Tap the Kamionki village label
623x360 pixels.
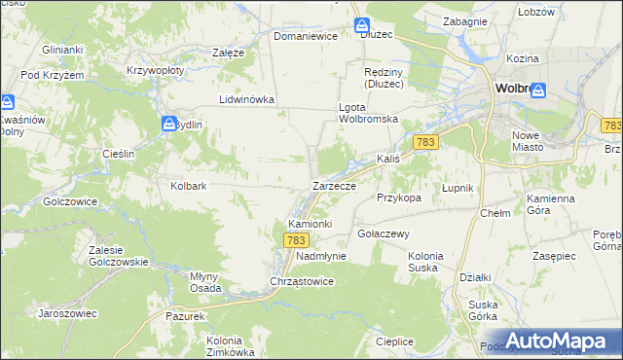311,224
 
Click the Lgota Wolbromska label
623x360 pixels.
369,112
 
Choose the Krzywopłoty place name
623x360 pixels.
157,72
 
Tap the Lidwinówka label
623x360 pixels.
247,99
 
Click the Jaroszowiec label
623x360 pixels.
65,313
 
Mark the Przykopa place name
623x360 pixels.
398,197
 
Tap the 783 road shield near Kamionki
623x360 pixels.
297,239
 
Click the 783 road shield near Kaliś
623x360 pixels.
424,143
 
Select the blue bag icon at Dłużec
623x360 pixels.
362,24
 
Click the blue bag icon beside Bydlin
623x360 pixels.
167,124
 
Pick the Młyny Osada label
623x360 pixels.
209,280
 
